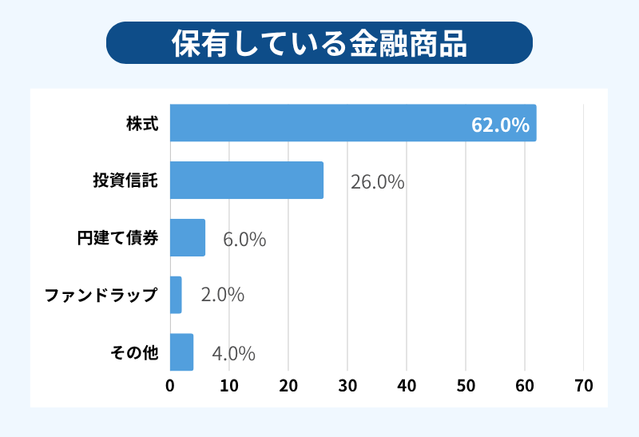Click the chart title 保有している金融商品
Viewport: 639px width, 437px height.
pyautogui.click(x=319, y=43)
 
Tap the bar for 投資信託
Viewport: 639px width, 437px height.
pyautogui.click(x=246, y=181)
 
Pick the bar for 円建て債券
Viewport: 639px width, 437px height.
pyautogui.click(x=188, y=237)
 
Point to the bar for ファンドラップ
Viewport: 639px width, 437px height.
pyautogui.click(x=176, y=295)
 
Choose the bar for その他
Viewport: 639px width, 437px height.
pyautogui.click(x=182, y=352)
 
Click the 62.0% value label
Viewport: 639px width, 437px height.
pyautogui.click(x=500, y=125)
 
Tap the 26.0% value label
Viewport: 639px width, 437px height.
pyautogui.click(x=377, y=182)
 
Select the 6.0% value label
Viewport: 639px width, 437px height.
pyautogui.click(x=244, y=239)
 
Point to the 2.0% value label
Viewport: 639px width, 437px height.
pyautogui.click(x=223, y=296)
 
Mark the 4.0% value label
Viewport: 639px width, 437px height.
pyautogui.click(x=233, y=353)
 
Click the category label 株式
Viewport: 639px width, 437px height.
pyautogui.click(x=142, y=125)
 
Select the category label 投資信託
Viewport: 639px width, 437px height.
pyautogui.click(x=125, y=181)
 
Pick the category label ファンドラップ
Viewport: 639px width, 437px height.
pyautogui.click(x=101, y=296)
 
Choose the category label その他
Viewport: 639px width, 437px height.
pyautogui.click(x=133, y=352)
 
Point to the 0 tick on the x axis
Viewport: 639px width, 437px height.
pyautogui.click(x=170, y=385)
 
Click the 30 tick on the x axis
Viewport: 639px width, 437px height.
pyautogui.click(x=347, y=385)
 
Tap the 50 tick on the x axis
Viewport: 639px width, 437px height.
pyautogui.click(x=466, y=385)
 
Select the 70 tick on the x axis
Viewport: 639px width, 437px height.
pyautogui.click(x=584, y=385)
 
